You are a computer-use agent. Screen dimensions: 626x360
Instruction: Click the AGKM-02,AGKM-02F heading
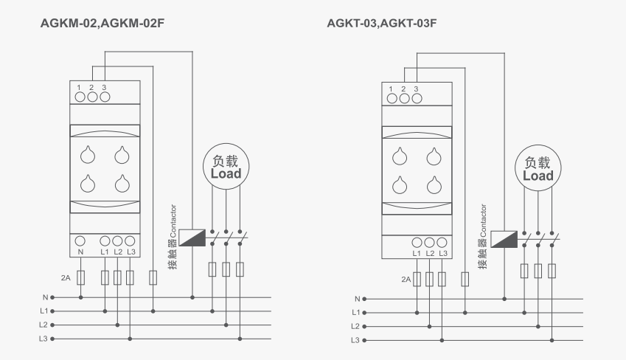point(102,23)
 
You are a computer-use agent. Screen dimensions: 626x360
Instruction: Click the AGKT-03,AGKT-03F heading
point(382,23)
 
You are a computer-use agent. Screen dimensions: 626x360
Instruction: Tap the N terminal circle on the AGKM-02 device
point(80,241)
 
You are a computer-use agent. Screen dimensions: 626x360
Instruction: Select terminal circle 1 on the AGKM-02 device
point(80,97)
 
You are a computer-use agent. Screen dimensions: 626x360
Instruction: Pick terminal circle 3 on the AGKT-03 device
point(417,98)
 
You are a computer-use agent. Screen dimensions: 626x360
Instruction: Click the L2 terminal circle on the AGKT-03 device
point(429,243)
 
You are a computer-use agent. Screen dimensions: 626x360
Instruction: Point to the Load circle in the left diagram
point(226,167)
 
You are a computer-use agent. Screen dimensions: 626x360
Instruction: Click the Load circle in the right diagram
point(538,167)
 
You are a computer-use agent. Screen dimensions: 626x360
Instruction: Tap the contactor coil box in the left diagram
point(192,238)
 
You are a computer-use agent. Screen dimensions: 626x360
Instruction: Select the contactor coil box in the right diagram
point(504,239)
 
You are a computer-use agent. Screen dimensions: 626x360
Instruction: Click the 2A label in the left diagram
point(66,277)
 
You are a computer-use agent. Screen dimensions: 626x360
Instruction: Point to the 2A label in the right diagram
point(406,280)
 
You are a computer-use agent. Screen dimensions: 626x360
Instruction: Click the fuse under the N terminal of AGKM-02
point(80,277)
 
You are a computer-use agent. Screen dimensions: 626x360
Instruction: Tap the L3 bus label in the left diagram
point(43,339)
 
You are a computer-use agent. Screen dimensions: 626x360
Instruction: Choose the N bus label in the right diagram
point(358,299)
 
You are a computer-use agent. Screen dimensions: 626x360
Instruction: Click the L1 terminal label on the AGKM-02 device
point(105,252)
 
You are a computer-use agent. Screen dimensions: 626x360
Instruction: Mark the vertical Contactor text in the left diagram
point(173,221)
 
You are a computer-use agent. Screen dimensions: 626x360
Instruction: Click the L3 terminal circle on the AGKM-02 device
point(130,241)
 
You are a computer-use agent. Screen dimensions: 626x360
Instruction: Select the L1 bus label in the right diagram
point(355,313)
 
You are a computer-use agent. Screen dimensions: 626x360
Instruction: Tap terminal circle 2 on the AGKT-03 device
point(404,98)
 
